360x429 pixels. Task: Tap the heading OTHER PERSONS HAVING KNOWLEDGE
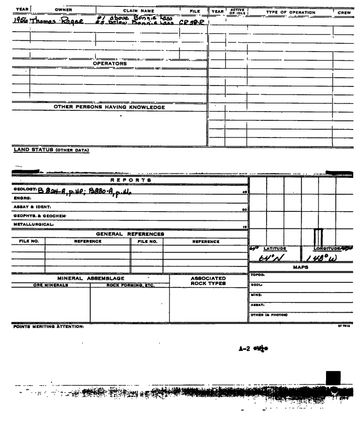(109, 107)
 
